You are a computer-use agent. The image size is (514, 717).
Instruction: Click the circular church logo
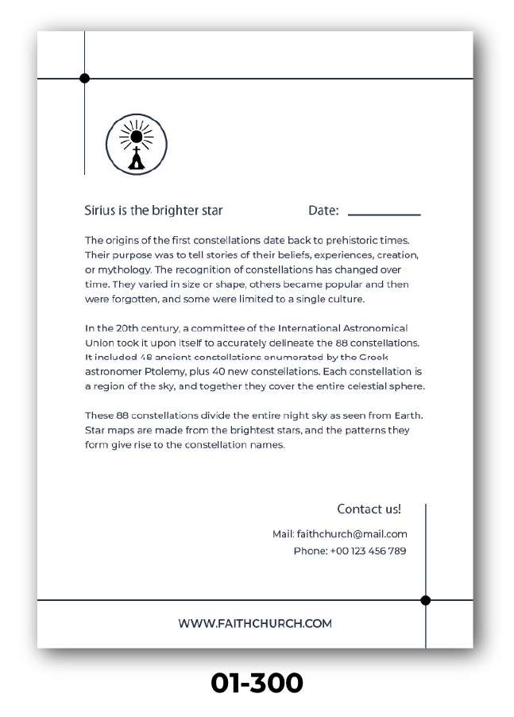pyautogui.click(x=137, y=144)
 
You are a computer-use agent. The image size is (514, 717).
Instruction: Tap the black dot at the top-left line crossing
pyautogui.click(x=85, y=78)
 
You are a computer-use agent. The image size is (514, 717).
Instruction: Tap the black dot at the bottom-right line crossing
pyautogui.click(x=426, y=600)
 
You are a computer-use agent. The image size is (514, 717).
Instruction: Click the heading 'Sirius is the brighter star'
pyautogui.click(x=153, y=211)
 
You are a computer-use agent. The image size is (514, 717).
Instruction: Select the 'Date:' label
pyautogui.click(x=323, y=211)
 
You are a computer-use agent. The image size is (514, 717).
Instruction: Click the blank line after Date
pyautogui.click(x=385, y=214)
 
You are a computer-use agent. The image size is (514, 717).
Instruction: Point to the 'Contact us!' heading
pyautogui.click(x=369, y=509)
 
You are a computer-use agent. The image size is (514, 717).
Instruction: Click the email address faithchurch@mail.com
pyautogui.click(x=352, y=534)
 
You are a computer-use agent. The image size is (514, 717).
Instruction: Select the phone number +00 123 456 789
pyautogui.click(x=368, y=551)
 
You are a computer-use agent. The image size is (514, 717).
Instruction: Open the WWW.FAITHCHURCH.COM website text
pyautogui.click(x=255, y=624)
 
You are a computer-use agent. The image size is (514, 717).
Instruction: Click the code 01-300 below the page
pyautogui.click(x=257, y=683)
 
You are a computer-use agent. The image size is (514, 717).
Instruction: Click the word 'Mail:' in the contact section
pyautogui.click(x=284, y=534)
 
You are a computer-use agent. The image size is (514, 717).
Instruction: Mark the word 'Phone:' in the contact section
pyautogui.click(x=310, y=551)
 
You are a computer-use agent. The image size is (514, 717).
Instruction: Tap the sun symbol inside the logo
pyautogui.click(x=137, y=136)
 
